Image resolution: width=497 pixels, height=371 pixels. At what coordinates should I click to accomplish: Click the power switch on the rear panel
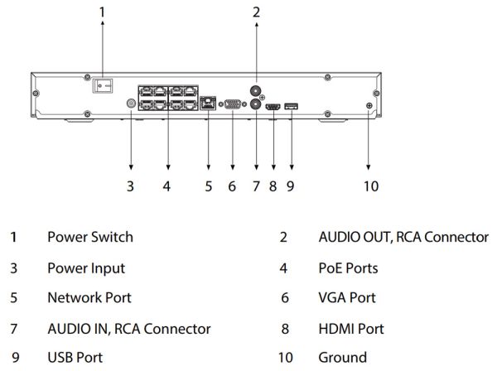[102, 84]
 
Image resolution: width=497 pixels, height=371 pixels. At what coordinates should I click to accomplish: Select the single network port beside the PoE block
[207, 104]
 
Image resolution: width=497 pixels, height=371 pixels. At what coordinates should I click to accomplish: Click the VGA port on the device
[234, 105]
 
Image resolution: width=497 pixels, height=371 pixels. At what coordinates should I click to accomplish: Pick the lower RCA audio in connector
[256, 105]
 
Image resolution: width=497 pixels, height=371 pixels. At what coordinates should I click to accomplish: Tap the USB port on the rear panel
[290, 105]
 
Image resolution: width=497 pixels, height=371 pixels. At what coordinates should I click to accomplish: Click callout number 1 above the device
[102, 12]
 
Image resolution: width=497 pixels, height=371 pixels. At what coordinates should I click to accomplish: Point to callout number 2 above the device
[256, 12]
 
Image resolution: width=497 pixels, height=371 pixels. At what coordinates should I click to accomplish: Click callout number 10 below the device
[370, 186]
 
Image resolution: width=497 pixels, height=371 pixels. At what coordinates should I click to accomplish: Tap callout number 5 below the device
[209, 186]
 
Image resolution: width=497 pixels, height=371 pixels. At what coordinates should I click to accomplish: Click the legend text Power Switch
[89, 238]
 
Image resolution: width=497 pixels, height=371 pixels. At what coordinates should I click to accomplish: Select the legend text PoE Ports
[348, 268]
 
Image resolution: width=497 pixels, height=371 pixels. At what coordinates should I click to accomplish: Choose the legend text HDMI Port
[350, 328]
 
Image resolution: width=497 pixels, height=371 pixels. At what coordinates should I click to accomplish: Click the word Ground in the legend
[342, 358]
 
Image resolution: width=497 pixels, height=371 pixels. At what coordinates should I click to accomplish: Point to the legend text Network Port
[89, 298]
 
